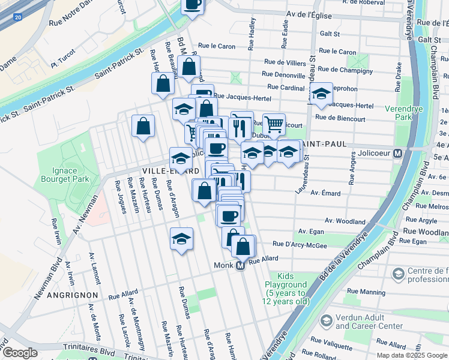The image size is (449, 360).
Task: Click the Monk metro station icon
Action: point(240,265)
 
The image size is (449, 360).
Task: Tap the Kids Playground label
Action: point(285,293)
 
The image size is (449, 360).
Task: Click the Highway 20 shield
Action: point(17,20)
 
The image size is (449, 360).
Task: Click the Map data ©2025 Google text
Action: point(411,355)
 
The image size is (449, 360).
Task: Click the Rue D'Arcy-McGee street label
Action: point(300,244)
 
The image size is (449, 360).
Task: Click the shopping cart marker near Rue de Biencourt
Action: point(274,125)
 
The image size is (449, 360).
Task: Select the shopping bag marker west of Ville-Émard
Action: point(143,126)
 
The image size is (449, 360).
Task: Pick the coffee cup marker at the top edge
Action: point(193,5)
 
